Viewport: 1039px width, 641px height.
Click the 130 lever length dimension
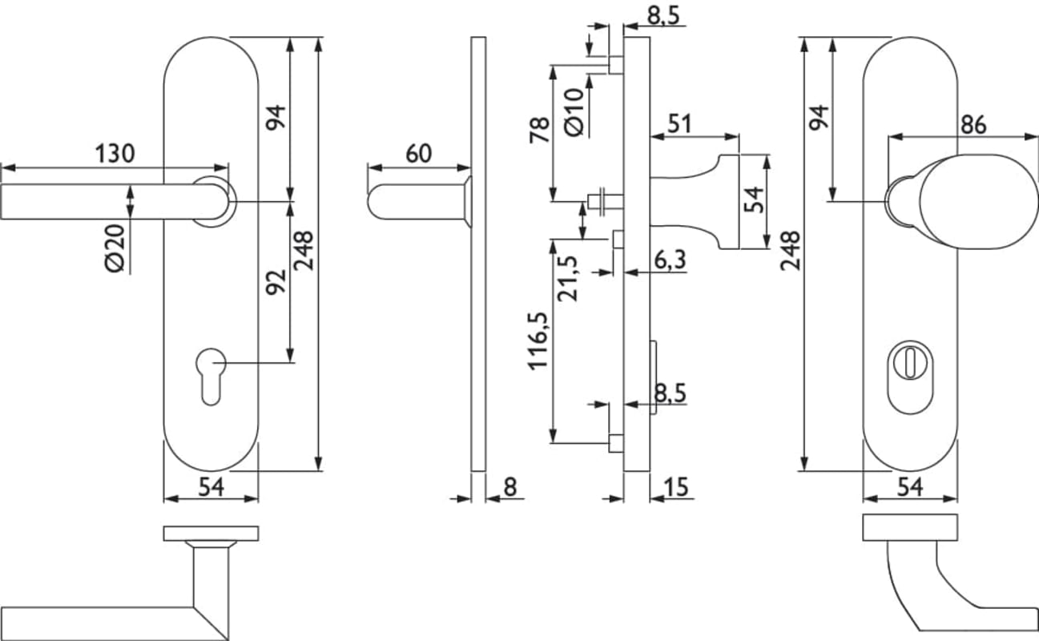(x=115, y=154)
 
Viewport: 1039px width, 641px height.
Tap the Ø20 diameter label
(x=115, y=248)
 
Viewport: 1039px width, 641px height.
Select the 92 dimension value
(x=276, y=281)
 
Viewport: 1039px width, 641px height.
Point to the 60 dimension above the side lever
(x=419, y=154)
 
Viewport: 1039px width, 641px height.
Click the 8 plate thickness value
(x=510, y=487)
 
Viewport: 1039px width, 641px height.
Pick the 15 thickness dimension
(x=676, y=487)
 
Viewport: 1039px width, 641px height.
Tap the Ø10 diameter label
(x=574, y=113)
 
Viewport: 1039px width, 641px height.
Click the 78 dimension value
(x=540, y=130)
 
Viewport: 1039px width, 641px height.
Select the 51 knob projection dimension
(x=679, y=123)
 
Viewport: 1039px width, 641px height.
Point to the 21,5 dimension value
(x=568, y=278)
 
